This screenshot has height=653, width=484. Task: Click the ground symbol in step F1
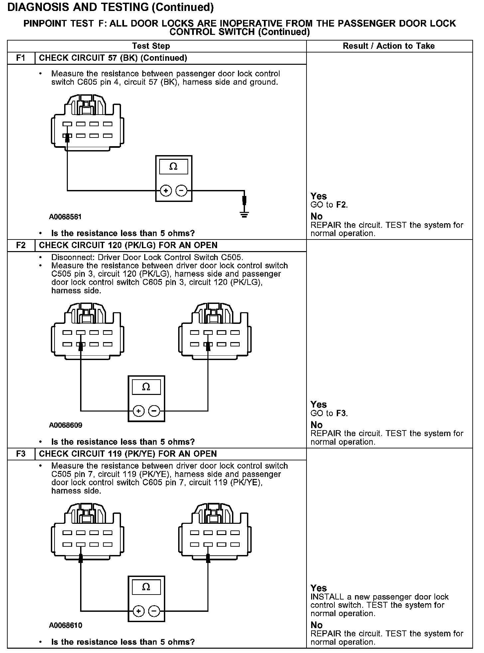pyautogui.click(x=244, y=214)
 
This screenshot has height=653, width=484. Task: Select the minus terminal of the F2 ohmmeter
pyautogui.click(x=154, y=411)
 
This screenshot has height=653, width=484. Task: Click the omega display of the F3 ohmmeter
pyautogui.click(x=146, y=587)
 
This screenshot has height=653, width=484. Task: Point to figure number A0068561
pyautogui.click(x=65, y=217)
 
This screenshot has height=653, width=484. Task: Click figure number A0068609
pyautogui.click(x=65, y=425)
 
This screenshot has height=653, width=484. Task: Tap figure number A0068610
pyautogui.click(x=65, y=625)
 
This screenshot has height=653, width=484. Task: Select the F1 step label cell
pyautogui.click(x=21, y=58)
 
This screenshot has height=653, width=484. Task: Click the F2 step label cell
pyautogui.click(x=21, y=245)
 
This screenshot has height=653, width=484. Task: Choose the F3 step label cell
pyautogui.click(x=21, y=454)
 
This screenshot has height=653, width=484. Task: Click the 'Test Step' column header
pyautogui.click(x=151, y=46)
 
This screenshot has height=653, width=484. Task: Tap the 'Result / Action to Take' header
pyautogui.click(x=389, y=46)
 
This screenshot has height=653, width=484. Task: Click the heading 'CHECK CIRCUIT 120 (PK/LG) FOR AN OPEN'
pyautogui.click(x=128, y=245)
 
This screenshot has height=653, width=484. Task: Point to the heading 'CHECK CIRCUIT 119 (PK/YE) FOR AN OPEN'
pyautogui.click(x=128, y=454)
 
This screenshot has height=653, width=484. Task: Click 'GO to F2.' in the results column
pyautogui.click(x=329, y=205)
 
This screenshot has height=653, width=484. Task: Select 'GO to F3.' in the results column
pyautogui.click(x=329, y=413)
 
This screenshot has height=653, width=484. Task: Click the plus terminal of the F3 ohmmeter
pyautogui.click(x=138, y=611)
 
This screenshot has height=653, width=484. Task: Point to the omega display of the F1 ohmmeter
pyautogui.click(x=174, y=167)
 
